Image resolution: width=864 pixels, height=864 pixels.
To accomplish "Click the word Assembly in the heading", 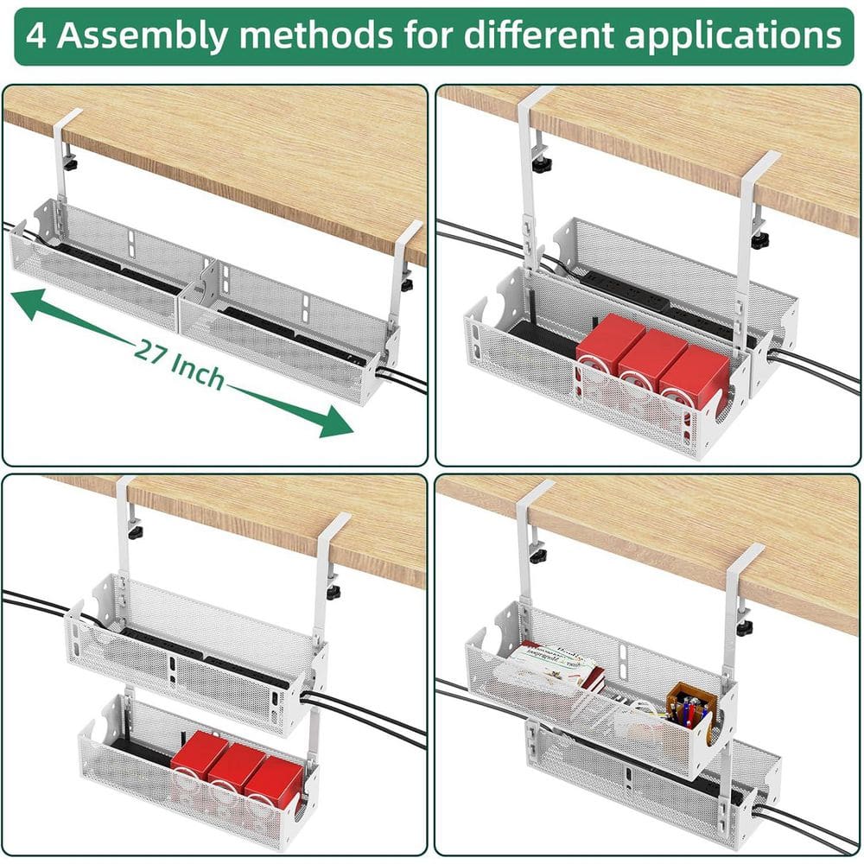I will click(x=152, y=35).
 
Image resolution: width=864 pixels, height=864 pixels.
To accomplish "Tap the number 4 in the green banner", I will click(x=35, y=35).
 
